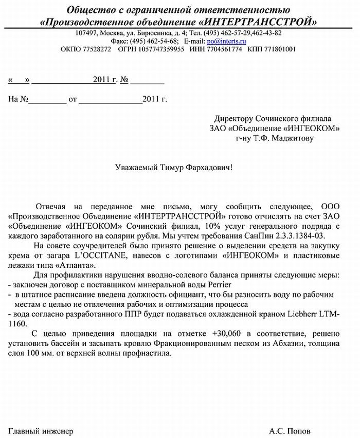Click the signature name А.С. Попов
tap(289, 430)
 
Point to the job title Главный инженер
tap(41, 430)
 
